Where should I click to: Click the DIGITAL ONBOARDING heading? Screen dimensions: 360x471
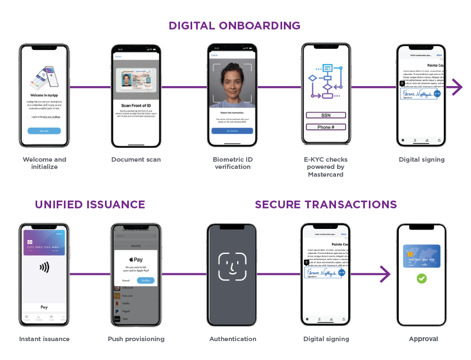pos(234,26)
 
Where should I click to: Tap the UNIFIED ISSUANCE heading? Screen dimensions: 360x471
pos(90,204)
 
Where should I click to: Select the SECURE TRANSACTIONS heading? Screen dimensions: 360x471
pos(325,204)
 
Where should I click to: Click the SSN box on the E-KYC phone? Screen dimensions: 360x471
pos(325,116)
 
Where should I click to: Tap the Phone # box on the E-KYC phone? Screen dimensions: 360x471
pos(325,127)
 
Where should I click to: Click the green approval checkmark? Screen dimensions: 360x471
pos(422,278)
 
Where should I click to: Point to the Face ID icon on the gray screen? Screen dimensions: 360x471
pos(232,266)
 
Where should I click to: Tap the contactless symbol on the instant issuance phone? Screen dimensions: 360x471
pos(44,268)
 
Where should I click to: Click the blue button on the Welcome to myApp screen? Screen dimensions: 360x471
pos(44,131)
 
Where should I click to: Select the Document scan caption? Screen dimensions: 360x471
pos(136,159)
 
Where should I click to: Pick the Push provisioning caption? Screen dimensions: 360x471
pos(136,339)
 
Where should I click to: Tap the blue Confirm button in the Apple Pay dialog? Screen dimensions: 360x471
pos(146,281)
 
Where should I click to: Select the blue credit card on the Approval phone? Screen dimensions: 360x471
pos(422,256)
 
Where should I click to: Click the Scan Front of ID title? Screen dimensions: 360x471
pos(136,106)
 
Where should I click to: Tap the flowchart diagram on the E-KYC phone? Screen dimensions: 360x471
pos(327,81)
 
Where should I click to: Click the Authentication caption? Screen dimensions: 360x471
pos(233,339)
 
